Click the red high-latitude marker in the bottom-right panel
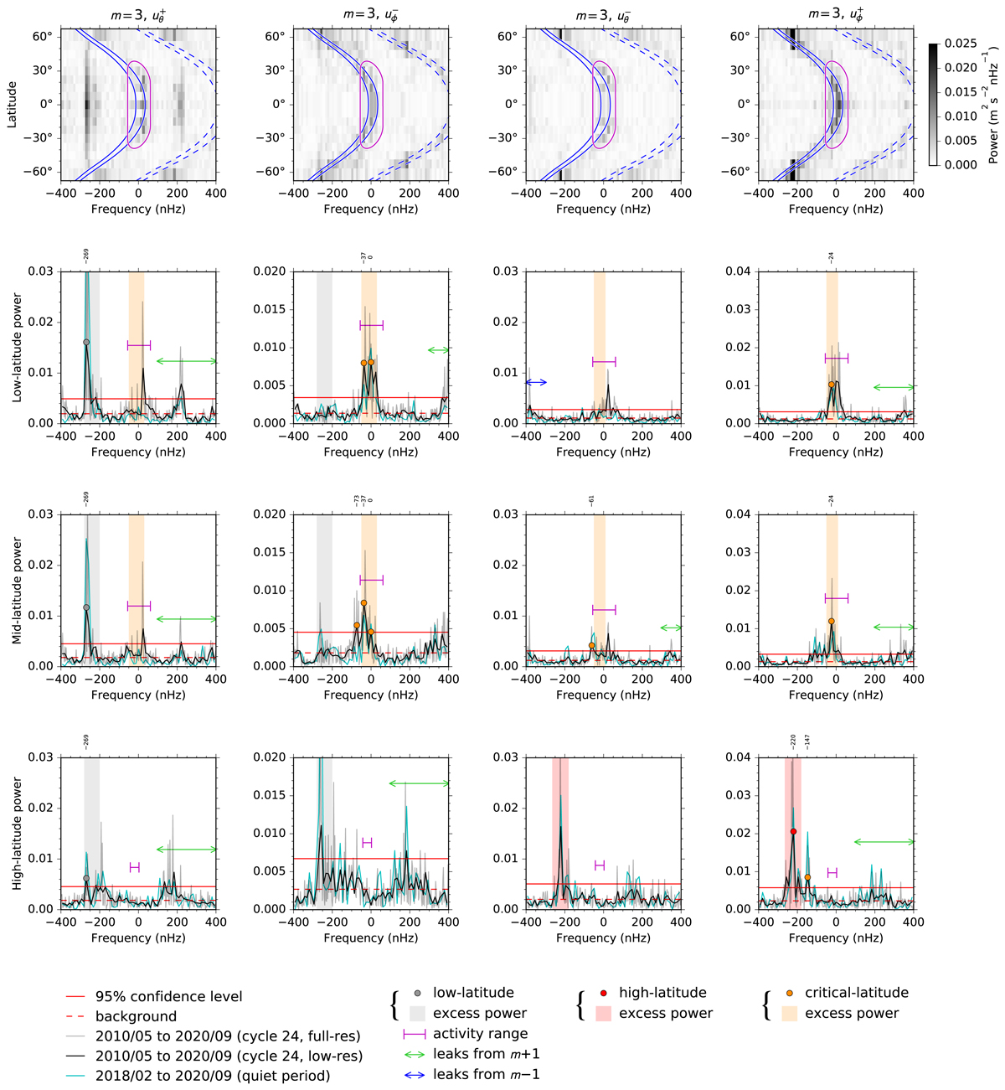pos(793,831)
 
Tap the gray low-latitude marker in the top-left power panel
pos(86,342)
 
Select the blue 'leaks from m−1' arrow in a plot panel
pos(536,382)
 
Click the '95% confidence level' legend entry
pos(168,996)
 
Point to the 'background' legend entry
pos(136,1016)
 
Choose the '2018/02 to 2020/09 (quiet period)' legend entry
pos(213,1076)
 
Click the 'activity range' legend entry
pos(480,1034)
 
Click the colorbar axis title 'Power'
pos(993,144)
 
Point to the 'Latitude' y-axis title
pos(13,104)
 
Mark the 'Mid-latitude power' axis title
pos(17,591)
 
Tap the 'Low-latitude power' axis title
pos(17,347)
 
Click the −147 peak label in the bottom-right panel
pos(808,742)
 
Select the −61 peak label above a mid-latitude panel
pos(591,501)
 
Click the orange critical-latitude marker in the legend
pos(788,994)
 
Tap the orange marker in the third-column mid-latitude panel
pos(591,645)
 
